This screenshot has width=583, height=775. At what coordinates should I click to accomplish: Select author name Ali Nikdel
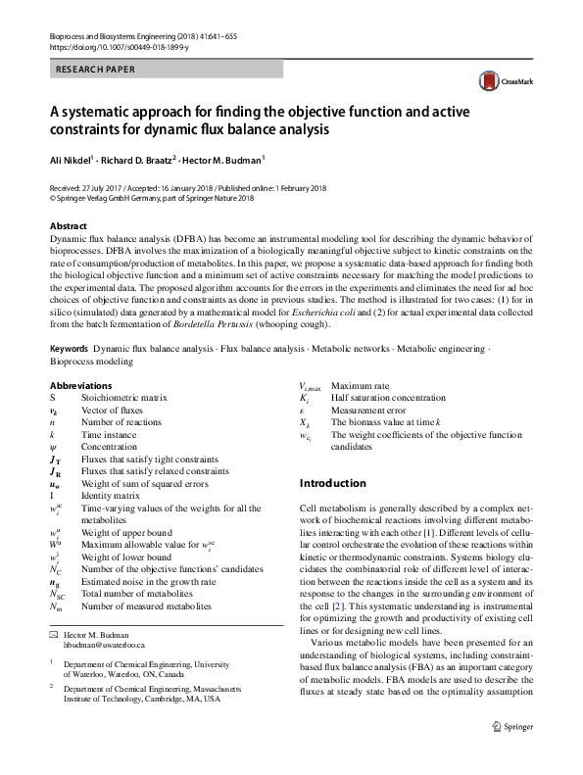[x=75, y=158]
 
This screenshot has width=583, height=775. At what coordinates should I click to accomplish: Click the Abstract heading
[x=68, y=225]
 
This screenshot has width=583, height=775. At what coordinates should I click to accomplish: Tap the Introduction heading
[x=333, y=483]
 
